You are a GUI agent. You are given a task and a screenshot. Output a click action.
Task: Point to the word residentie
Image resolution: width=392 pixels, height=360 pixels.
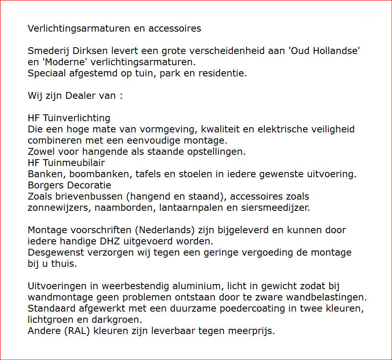(x=228, y=74)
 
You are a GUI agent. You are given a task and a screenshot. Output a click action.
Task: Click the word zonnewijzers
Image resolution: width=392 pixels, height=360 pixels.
(x=51, y=208)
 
